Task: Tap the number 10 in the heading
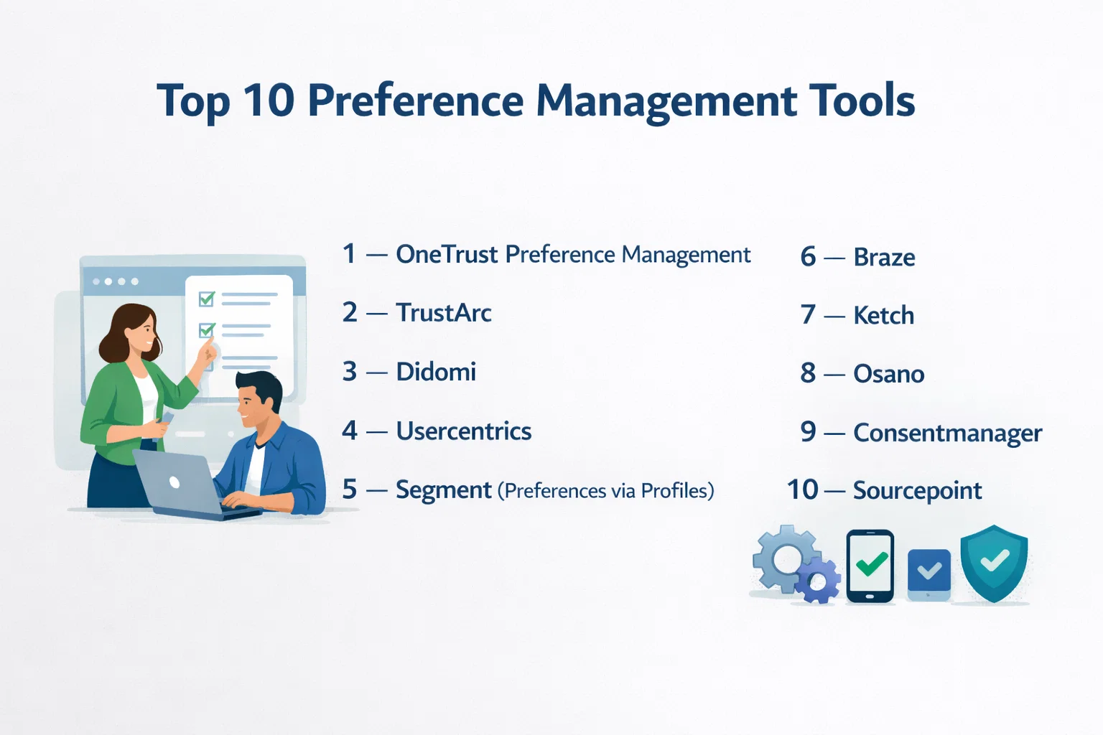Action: point(269,100)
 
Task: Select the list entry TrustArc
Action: point(444,313)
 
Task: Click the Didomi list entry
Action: point(436,372)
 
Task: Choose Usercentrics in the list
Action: point(464,431)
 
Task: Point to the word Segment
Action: point(444,490)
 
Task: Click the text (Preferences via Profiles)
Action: point(605,490)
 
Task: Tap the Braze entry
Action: point(884,257)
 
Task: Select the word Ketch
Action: point(883,315)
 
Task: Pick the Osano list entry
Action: point(889,374)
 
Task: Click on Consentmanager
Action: point(947,433)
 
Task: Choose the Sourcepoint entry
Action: point(917,490)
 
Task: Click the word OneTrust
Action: point(447,255)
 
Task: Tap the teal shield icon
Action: point(994,563)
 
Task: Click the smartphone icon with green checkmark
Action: point(870,566)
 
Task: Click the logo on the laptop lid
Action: point(174,482)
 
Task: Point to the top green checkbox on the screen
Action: point(206,299)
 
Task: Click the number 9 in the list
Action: point(808,432)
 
